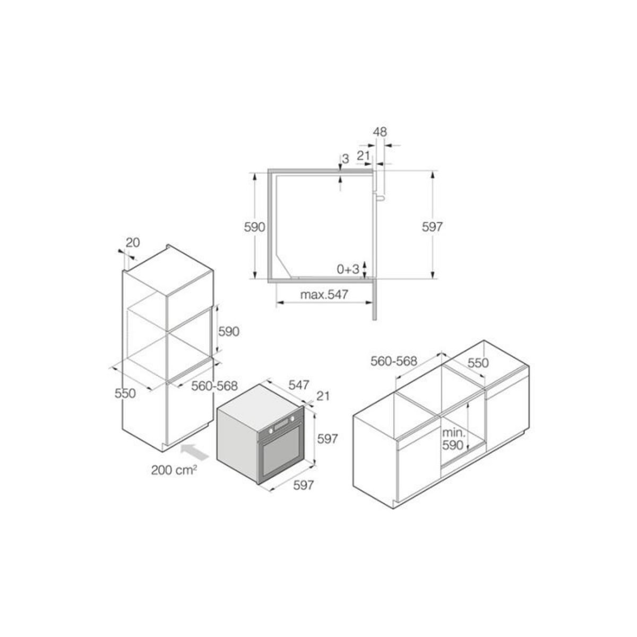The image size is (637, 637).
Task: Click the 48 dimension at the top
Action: [x=380, y=131]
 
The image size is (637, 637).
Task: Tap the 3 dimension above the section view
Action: [x=345, y=159]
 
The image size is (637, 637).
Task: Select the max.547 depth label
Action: [x=324, y=295]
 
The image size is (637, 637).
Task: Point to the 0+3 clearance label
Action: [x=349, y=269]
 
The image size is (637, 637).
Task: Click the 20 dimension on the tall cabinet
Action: [x=132, y=243]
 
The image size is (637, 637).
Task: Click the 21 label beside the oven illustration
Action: [x=323, y=396]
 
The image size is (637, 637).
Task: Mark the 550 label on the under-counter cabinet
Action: [x=477, y=363]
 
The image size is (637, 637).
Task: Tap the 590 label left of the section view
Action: [x=254, y=227]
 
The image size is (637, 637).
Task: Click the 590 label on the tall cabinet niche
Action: [x=229, y=331]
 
